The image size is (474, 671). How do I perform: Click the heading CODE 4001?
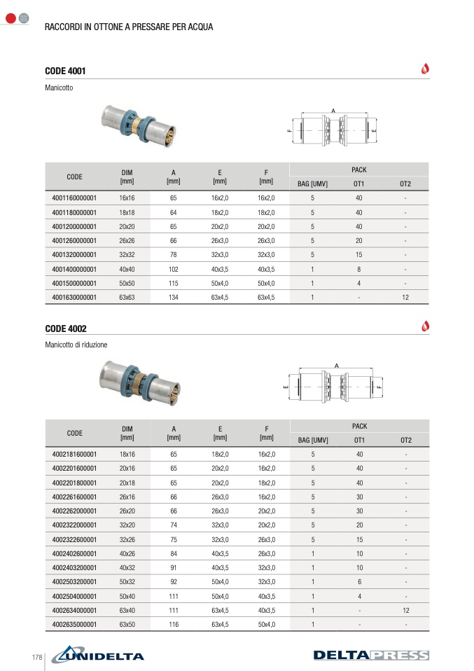pos(65,71)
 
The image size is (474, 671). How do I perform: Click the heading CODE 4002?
pos(65,328)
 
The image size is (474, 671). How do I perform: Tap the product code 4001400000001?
pos(74,269)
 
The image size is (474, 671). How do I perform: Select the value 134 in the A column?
pos(173,298)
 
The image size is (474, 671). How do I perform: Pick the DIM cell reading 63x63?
pos(127,298)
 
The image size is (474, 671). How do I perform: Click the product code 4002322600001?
pos(74,539)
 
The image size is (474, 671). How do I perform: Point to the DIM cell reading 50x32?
pos(127,582)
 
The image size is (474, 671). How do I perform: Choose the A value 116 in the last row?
pos(174,624)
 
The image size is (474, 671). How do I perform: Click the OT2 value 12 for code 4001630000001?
pos(405,298)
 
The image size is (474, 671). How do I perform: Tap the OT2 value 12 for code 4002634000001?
pos(406,610)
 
